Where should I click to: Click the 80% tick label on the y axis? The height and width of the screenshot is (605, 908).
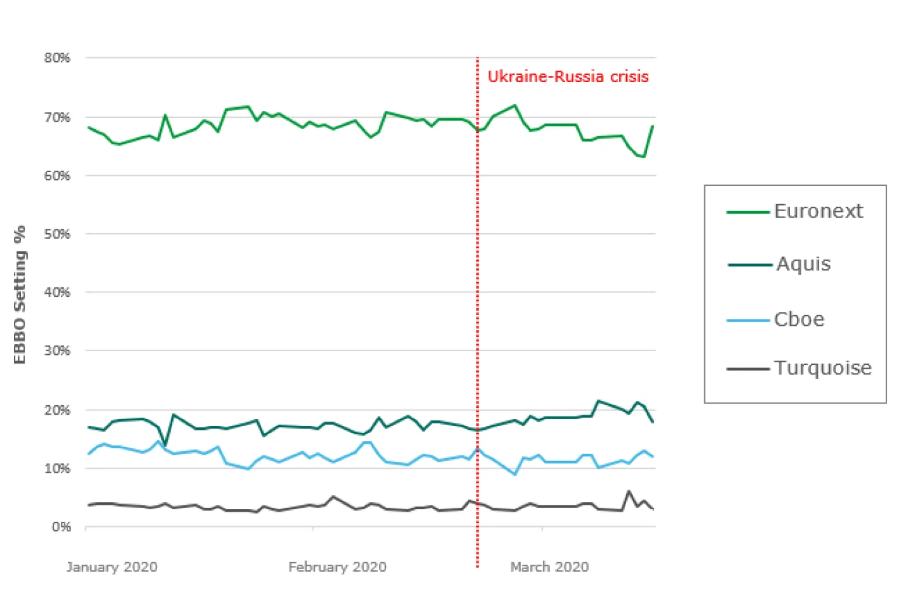pos(57,58)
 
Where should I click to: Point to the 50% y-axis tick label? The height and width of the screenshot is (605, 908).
pos(57,234)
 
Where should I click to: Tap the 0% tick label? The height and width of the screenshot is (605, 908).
pos(61,527)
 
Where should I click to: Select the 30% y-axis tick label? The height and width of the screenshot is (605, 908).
pos(57,350)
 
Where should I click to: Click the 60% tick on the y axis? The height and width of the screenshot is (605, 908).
pos(57,176)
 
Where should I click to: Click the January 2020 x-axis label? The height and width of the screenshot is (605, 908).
pos(112,567)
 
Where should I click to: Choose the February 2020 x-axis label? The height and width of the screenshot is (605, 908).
pos(337,567)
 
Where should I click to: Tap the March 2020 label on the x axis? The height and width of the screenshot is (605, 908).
pos(549,567)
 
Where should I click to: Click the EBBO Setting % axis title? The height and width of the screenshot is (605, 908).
pos(20,294)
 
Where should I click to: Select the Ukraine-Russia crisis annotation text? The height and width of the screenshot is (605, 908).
pos(567,77)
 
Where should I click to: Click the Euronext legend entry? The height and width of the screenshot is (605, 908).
pos(818,211)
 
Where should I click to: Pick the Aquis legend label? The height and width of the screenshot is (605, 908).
pos(803,264)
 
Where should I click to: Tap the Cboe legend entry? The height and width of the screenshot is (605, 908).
pos(799,320)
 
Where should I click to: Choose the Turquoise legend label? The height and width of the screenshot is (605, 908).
pos(823,368)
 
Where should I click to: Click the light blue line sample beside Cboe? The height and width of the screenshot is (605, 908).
pos(748,321)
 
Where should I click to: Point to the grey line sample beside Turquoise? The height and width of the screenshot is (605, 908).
pos(748,369)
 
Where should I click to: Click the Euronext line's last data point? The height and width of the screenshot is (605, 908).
pos(653,126)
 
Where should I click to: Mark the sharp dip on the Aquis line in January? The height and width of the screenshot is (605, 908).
pos(165,444)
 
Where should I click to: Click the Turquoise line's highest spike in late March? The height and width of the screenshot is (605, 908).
pos(629,491)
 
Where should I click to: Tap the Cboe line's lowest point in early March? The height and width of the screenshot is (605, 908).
pos(515,474)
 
